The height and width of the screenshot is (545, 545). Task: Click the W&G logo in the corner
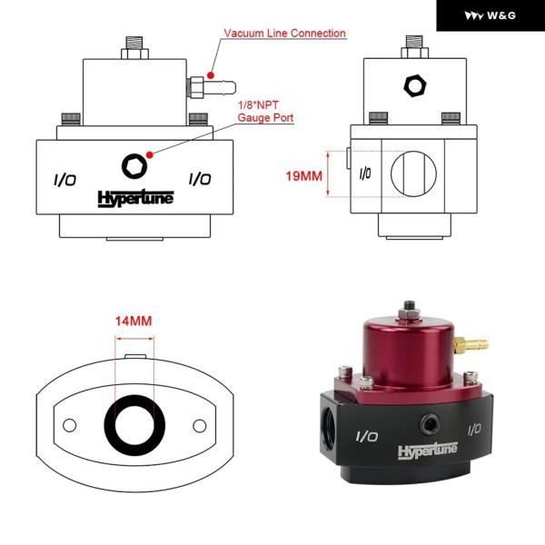pyautogui.click(x=490, y=15)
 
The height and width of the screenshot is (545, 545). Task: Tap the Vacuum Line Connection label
pyautogui.click(x=285, y=34)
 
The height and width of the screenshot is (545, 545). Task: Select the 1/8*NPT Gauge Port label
pyautogui.click(x=264, y=114)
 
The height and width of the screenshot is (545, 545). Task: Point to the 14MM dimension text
pyautogui.click(x=134, y=321)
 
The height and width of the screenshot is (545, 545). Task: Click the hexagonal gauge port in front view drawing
pyautogui.click(x=134, y=165)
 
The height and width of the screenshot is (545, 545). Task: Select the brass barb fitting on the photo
pyautogui.click(x=472, y=344)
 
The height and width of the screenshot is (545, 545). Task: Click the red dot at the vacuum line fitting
pyautogui.click(x=210, y=73)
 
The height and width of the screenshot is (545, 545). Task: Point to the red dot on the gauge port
pyautogui.click(x=149, y=154)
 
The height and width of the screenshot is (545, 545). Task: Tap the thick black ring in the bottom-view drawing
pyautogui.click(x=134, y=423)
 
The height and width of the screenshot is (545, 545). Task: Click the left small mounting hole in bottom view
pyautogui.click(x=67, y=424)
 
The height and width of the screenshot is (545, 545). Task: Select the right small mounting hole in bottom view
pyautogui.click(x=200, y=424)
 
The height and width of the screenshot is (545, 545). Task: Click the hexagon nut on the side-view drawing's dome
pyautogui.click(x=413, y=86)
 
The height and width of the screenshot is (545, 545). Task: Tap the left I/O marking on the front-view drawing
pyautogui.click(x=64, y=179)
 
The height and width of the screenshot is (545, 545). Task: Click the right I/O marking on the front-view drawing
pyautogui.click(x=200, y=179)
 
